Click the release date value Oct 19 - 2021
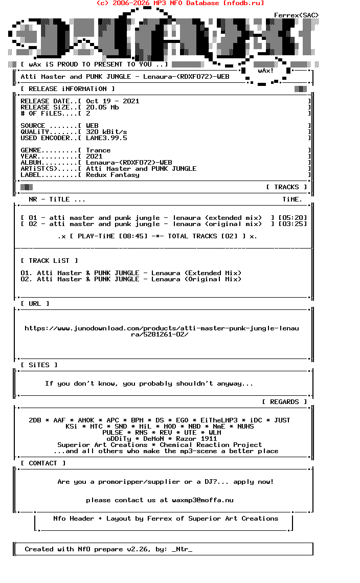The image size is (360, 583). (112, 101)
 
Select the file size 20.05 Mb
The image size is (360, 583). (102, 107)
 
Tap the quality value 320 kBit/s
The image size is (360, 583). (106, 132)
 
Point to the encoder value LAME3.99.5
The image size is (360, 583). (106, 138)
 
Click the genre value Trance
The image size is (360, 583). (98, 150)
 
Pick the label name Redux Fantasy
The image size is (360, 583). (112, 175)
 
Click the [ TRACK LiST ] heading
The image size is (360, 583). (49, 261)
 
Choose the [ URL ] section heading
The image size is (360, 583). (35, 304)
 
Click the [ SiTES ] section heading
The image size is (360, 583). (39, 365)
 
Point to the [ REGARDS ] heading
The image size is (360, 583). (284, 402)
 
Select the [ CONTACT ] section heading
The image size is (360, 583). (43, 463)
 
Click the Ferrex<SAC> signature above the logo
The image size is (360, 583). (297, 15)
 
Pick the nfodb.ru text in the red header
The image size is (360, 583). (244, 3)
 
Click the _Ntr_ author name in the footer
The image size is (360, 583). (182, 549)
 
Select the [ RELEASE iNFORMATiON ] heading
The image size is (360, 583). (67, 89)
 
